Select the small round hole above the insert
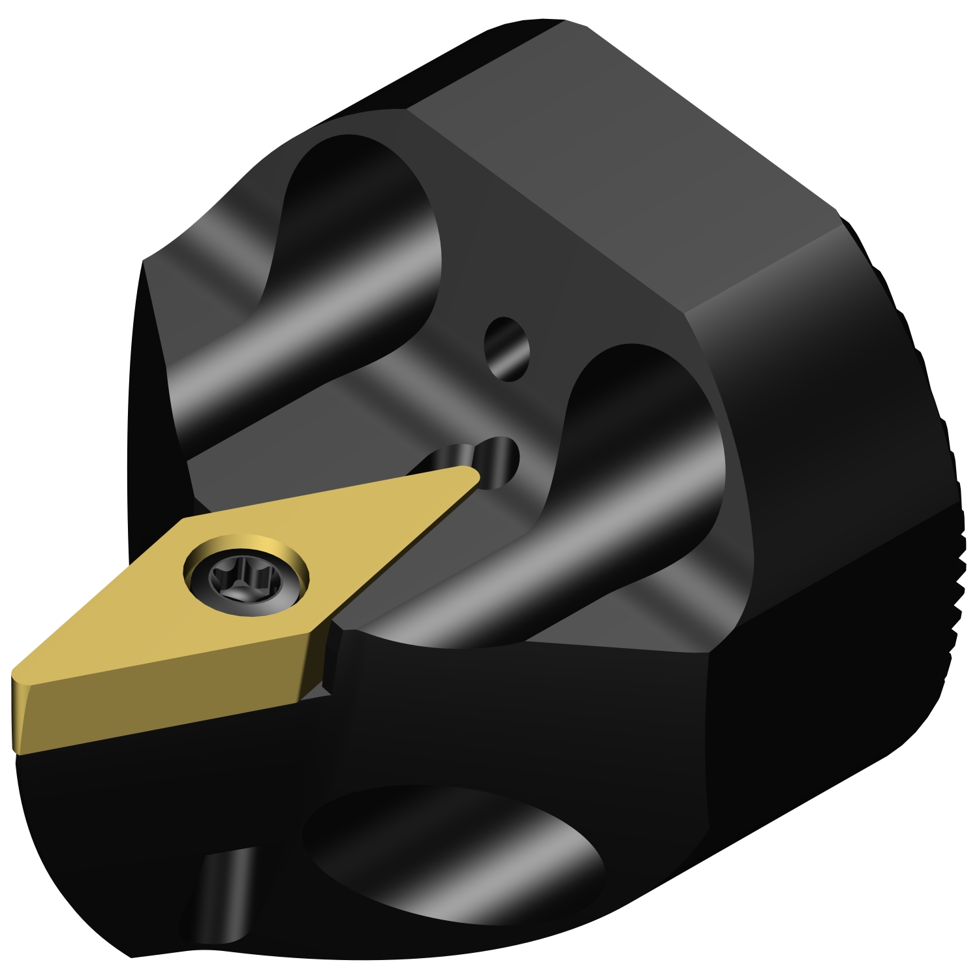507,349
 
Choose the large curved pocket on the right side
646,444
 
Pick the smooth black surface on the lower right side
816,685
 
